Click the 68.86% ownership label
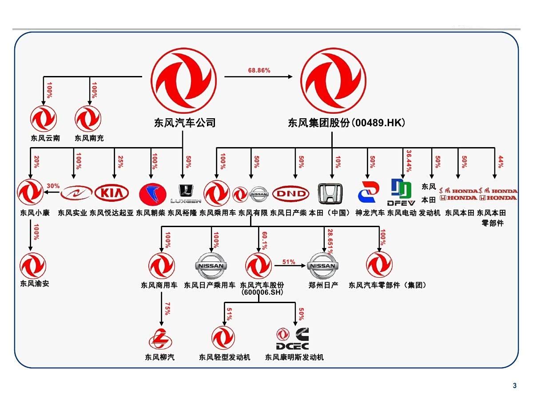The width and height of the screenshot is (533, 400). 259,70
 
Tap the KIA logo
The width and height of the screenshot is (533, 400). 111,193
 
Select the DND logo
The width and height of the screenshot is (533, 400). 290,194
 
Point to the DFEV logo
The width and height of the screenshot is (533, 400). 401,192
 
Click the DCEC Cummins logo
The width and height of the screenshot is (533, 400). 293,339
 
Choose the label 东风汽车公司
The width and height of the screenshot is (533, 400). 183,122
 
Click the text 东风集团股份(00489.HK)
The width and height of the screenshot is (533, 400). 346,122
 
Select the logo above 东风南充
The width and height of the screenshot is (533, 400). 88,119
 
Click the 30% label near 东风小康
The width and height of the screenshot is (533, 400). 53,186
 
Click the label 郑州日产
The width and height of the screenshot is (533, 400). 323,285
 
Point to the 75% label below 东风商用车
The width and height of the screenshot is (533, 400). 167,309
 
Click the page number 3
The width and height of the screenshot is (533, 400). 514,386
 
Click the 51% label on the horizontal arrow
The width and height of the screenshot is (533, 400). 289,262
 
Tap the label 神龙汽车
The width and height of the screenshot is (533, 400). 370,213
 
